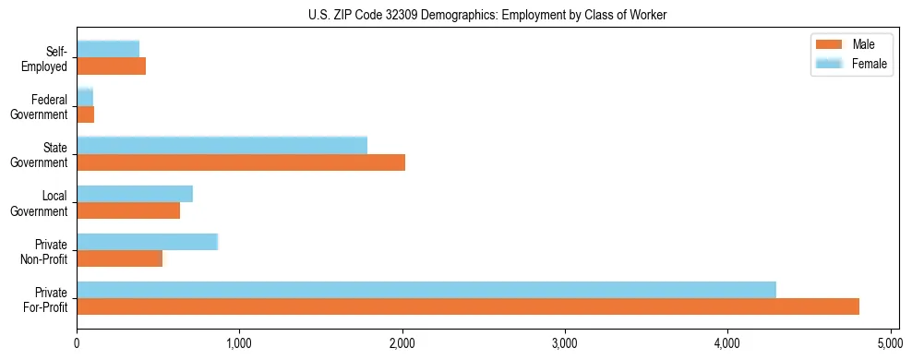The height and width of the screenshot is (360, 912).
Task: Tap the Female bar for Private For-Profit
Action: (426, 290)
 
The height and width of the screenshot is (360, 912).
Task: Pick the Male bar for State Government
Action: (241, 162)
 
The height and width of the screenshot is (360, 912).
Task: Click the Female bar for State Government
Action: (222, 145)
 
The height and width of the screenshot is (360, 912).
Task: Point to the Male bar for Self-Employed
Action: (111, 66)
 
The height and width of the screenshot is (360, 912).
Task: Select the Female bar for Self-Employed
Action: (108, 49)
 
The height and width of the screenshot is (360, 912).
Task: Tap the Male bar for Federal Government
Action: (86, 114)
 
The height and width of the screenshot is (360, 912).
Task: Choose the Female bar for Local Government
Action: (135, 194)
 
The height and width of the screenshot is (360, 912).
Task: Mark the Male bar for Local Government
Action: (128, 210)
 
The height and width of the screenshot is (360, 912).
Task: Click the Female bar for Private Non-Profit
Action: (147, 242)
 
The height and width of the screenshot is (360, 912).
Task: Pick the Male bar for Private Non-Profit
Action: (120, 258)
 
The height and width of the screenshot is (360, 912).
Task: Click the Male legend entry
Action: (850, 44)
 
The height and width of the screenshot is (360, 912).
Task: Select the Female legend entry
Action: (850, 64)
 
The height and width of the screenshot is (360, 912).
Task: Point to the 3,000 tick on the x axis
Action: (565, 344)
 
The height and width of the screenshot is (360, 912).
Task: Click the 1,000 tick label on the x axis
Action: (239, 344)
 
